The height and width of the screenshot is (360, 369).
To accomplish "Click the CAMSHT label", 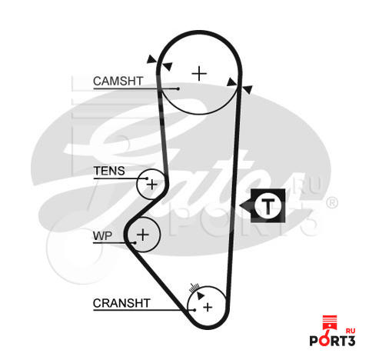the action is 118,81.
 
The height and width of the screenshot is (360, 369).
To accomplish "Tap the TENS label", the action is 109,171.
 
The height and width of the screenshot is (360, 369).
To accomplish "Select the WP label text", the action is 102,235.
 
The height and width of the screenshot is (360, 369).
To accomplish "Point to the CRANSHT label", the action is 121,303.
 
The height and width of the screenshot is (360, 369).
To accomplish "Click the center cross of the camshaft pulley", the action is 199,74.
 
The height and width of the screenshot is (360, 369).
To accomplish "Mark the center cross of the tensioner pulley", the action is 152,185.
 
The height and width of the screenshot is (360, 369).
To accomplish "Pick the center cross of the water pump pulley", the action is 143,235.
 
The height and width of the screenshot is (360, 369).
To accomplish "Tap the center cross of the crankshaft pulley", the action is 208,307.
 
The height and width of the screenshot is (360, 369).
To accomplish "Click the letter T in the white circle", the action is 268,206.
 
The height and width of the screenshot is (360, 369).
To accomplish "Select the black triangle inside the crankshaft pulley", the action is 200,295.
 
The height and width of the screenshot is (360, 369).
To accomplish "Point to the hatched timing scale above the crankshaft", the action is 194,288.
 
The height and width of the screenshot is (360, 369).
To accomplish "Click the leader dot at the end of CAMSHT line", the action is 178,88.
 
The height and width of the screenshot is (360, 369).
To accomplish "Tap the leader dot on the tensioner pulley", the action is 147,178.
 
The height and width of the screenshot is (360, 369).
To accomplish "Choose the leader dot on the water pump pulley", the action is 135,242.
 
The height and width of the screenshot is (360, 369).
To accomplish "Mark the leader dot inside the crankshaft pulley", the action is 194,310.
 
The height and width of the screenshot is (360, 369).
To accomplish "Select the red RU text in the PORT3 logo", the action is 351,331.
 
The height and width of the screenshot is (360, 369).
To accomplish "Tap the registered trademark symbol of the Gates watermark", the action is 332,203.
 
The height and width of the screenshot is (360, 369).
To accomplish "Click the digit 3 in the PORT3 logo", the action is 351,341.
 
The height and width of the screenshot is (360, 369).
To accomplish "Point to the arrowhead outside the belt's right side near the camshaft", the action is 248,89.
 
